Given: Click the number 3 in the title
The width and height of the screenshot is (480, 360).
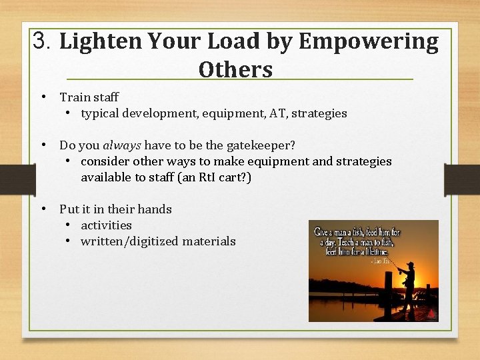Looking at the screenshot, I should [41, 42].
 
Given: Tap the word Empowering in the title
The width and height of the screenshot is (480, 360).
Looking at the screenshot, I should [369, 42].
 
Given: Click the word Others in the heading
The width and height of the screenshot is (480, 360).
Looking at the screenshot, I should [235, 69].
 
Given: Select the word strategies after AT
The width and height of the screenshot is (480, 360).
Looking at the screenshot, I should [319, 113].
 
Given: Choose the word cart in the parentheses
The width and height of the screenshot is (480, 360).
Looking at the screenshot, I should [231, 177].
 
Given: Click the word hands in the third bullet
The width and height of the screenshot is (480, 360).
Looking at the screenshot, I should [155, 209].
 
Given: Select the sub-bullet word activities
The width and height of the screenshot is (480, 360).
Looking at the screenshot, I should [106, 225].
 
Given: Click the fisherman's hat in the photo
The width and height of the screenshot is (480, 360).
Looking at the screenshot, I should [409, 265].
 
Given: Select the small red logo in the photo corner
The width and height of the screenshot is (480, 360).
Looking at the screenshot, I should [431, 313].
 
